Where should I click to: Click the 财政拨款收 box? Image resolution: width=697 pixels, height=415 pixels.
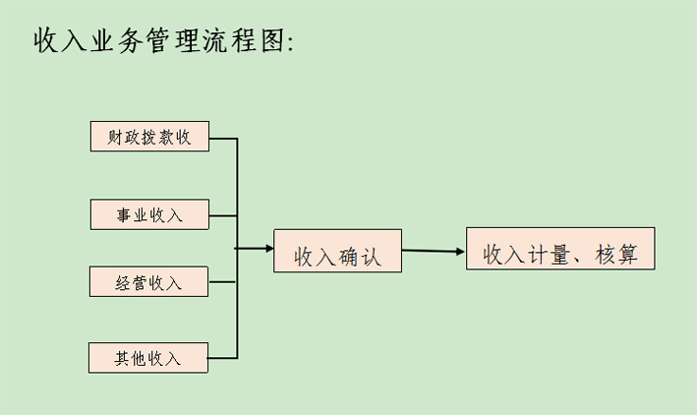pyautogui.click(x=149, y=137)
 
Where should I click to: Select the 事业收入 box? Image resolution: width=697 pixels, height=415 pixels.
pyautogui.click(x=149, y=214)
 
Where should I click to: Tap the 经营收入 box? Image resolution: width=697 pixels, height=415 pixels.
pyautogui.click(x=149, y=282)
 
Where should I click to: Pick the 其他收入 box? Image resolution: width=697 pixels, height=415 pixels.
pyautogui.click(x=148, y=357)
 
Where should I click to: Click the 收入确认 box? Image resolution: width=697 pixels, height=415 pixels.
pyautogui.click(x=337, y=251)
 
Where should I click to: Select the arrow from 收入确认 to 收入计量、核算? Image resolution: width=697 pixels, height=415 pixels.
pyautogui.click(x=433, y=251)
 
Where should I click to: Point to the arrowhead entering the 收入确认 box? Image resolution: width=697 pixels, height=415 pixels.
pyautogui.click(x=268, y=249)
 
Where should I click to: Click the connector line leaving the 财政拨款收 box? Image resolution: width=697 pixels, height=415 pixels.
pyautogui.click(x=224, y=138)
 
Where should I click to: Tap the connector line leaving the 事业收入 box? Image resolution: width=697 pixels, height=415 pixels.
pyautogui.click(x=223, y=214)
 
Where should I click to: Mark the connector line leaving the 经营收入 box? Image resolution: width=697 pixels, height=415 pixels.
pyautogui.click(x=223, y=282)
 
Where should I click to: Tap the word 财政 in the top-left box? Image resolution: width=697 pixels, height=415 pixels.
pyautogui.click(x=125, y=138)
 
